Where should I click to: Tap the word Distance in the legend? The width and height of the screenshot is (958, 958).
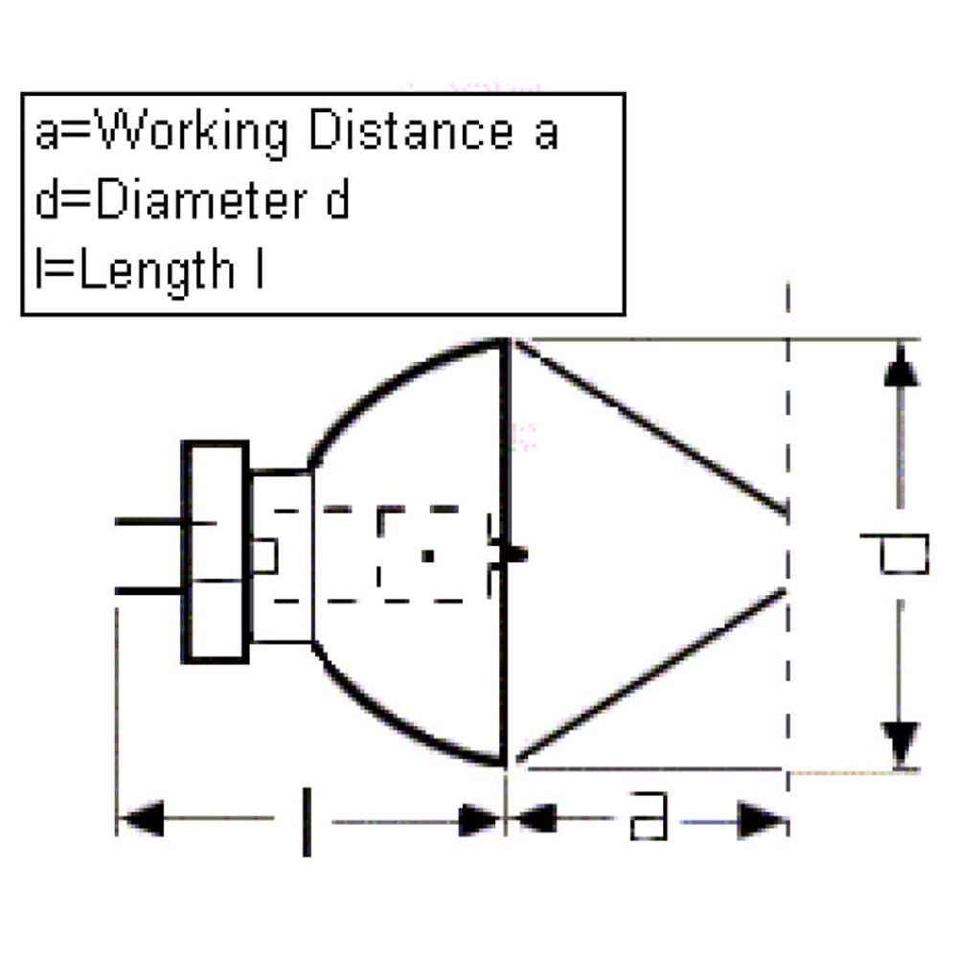pyautogui.click(x=411, y=129)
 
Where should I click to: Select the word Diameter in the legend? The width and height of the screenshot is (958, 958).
pyautogui.click(x=201, y=200)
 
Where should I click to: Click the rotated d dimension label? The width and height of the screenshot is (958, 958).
pyautogui.click(x=895, y=554)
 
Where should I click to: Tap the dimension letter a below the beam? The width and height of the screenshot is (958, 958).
pyautogui.click(x=649, y=815)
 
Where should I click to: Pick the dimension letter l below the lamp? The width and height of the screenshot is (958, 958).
pyautogui.click(x=307, y=822)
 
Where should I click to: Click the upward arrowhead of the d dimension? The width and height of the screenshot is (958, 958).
pyautogui.click(x=901, y=367)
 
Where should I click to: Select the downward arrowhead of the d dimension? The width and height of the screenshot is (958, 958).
pyautogui.click(x=901, y=743)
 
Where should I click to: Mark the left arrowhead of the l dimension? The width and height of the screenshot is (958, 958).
pyautogui.click(x=142, y=817)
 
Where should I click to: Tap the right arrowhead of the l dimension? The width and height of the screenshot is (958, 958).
pyautogui.click(x=480, y=820)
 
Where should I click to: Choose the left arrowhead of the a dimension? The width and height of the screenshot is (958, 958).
pyautogui.click(x=533, y=817)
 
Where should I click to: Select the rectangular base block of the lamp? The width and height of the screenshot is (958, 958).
pyautogui.click(x=215, y=552)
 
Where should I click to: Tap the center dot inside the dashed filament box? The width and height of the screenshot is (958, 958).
pyautogui.click(x=428, y=556)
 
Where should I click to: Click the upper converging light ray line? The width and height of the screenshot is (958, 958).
pyautogui.click(x=651, y=427)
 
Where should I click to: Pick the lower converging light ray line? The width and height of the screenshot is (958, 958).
pyautogui.click(x=651, y=676)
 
